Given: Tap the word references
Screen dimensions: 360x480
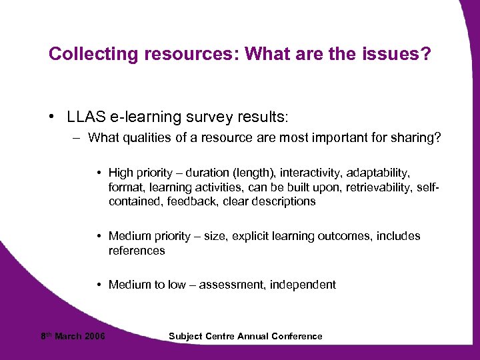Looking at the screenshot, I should [x=137, y=251].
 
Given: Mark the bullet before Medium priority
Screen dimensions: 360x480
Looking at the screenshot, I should [x=99, y=236].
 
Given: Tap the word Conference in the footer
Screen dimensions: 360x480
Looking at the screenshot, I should [x=297, y=337].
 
